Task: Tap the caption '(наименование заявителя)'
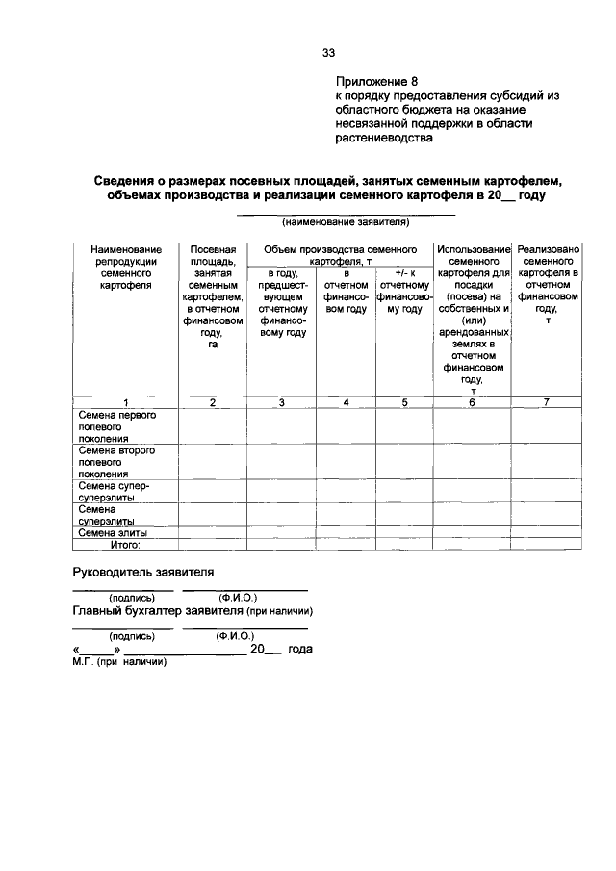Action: point(346,222)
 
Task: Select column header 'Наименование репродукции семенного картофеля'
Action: point(125,268)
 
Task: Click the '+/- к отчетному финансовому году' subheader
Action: point(404,292)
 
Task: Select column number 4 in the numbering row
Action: point(346,402)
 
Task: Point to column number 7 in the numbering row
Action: point(547,402)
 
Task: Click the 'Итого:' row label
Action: point(125,544)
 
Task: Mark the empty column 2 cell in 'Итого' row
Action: point(213,544)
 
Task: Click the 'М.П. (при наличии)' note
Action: point(119,662)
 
